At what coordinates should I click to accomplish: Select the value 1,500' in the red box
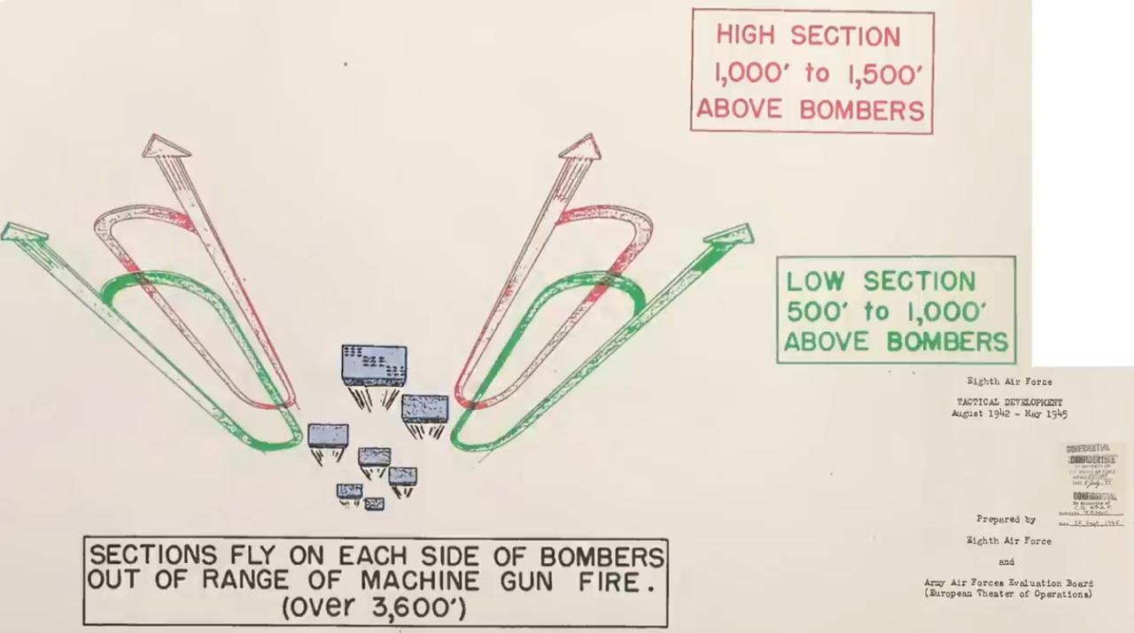(x=881, y=73)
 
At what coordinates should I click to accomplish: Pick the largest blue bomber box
(x=374, y=365)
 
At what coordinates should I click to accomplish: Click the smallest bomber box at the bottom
(x=374, y=504)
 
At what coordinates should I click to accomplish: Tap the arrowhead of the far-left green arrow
(x=24, y=232)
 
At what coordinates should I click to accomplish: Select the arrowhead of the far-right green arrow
(x=733, y=235)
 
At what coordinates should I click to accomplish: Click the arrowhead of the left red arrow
(x=166, y=146)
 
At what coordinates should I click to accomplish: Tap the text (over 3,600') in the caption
(x=375, y=609)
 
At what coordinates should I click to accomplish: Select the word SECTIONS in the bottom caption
(x=153, y=556)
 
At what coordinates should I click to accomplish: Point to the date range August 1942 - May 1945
(x=1009, y=413)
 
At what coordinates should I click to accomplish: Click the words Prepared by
(x=1006, y=520)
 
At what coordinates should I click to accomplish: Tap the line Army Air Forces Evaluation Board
(x=1008, y=583)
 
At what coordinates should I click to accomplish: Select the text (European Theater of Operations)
(x=1008, y=594)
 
